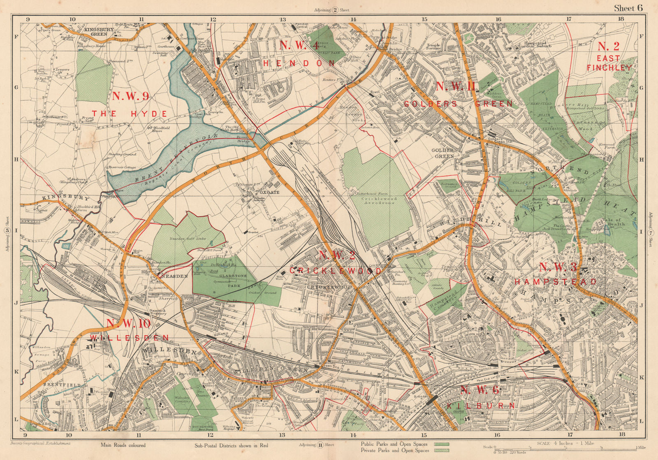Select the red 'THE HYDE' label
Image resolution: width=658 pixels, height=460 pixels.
point(129,114)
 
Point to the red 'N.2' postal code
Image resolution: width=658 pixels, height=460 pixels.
point(608,46)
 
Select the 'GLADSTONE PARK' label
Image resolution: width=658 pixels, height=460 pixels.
point(234,280)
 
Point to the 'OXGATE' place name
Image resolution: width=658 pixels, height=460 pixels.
point(270,192)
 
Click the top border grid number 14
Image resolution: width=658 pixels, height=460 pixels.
point(353,19)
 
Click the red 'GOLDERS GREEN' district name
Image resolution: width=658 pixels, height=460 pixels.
point(459,104)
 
